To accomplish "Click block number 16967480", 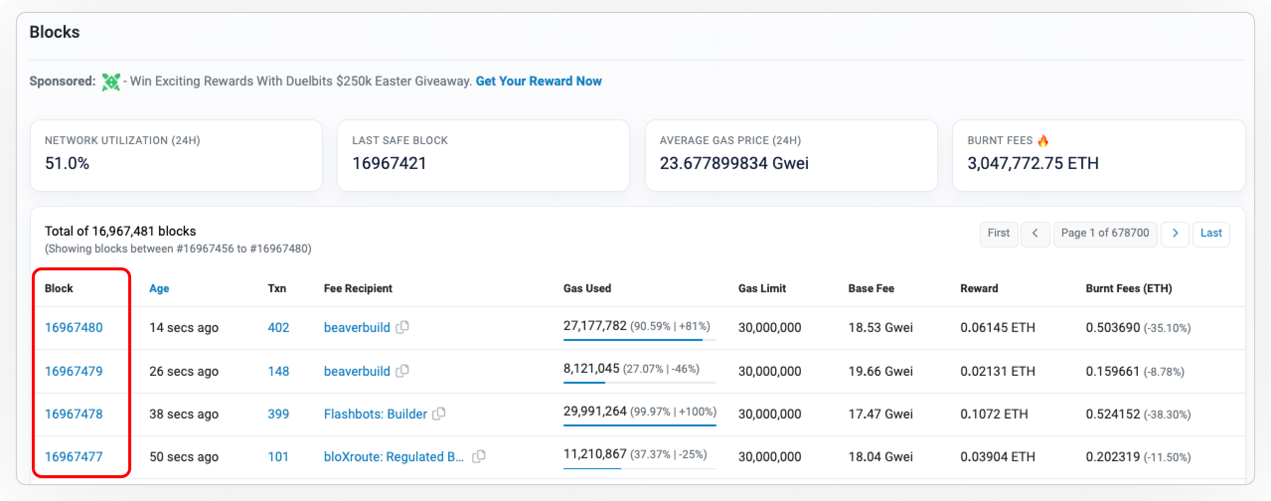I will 74,328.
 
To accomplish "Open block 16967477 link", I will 74,457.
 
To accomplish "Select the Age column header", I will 159,288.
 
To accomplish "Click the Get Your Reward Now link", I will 539,81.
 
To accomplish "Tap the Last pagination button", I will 1211,233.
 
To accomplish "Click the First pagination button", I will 998,233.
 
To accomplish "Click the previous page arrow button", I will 1035,233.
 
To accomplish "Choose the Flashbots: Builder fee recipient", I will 375,414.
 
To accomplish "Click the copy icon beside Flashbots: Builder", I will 439,414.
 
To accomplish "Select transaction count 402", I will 278,328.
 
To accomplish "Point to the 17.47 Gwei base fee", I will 880,414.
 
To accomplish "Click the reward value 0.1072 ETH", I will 994,414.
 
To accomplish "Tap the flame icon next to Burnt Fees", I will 1043,141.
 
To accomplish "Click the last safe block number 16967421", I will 389,164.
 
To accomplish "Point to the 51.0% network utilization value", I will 67,164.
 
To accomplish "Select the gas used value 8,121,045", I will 591,369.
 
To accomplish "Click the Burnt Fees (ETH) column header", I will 1128,288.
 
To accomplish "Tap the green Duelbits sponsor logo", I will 111,82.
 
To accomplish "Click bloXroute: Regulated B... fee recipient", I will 394,457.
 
